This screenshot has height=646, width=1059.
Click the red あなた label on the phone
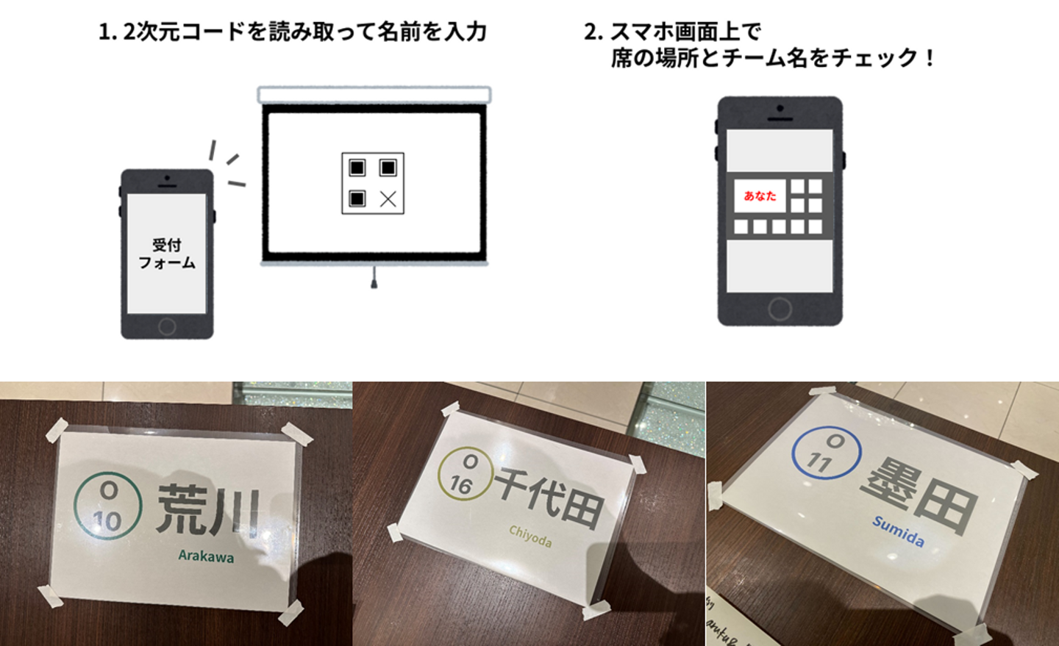760,195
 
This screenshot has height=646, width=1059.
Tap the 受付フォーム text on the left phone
166,254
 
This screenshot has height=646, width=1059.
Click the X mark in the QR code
388,199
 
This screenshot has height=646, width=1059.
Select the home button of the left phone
167,326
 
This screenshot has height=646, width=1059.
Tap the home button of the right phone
780,309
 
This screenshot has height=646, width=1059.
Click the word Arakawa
206,556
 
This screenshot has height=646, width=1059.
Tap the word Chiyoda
530,536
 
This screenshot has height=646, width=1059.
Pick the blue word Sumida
898,531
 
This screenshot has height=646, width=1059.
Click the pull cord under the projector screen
374,277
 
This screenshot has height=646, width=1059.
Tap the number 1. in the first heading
108,32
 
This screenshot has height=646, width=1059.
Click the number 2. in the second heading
593,32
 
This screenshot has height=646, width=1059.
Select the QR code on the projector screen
373,183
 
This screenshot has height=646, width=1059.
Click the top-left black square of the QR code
357,168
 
